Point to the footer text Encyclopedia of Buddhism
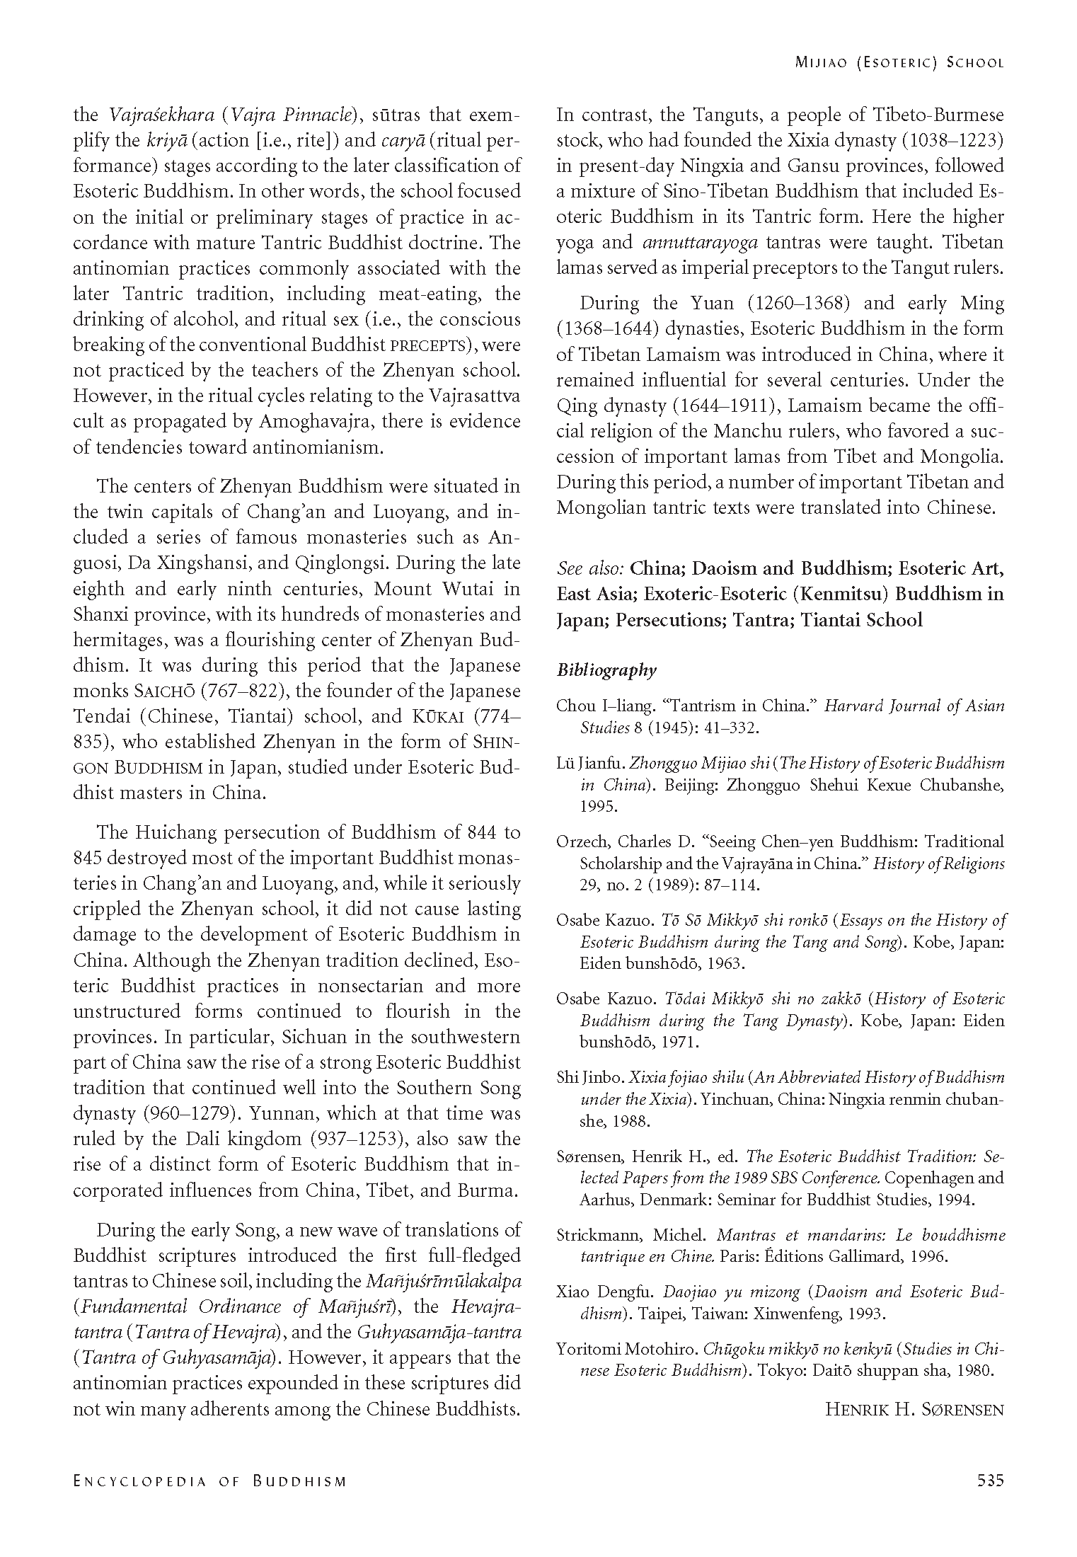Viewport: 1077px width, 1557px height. click(x=209, y=1481)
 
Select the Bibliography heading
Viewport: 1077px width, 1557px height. click(x=606, y=670)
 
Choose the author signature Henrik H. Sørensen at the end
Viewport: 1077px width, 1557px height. click(x=914, y=1409)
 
